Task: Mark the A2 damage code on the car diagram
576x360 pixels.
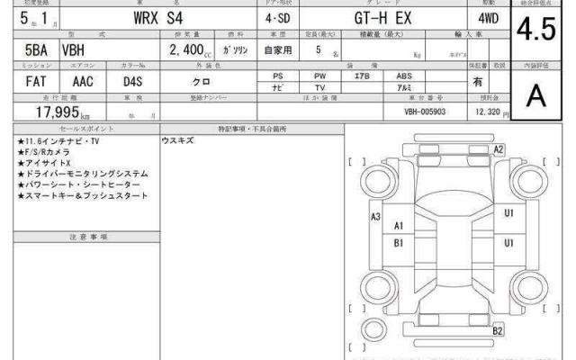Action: [x=498, y=148]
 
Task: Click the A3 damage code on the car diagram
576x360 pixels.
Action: [x=376, y=217]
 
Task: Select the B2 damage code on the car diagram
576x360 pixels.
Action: [x=497, y=332]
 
